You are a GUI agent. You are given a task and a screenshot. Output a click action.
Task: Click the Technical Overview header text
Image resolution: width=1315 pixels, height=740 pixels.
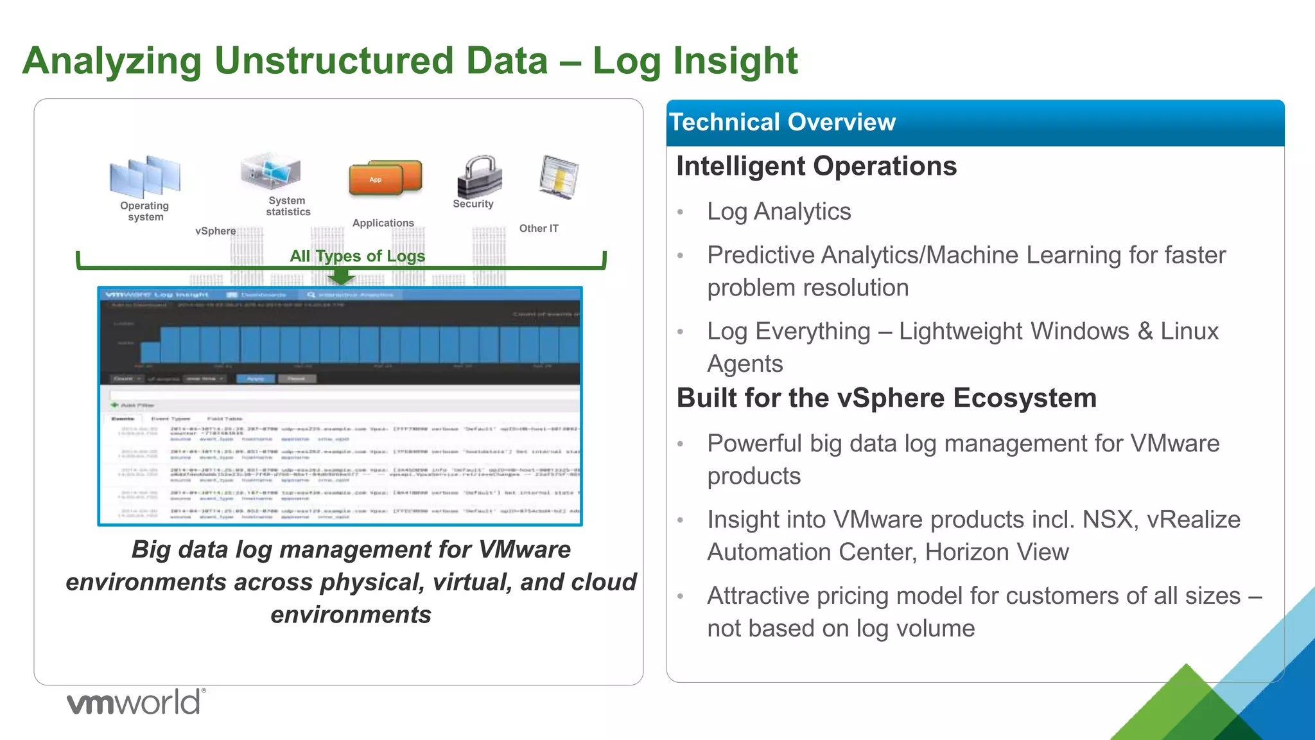[x=782, y=122]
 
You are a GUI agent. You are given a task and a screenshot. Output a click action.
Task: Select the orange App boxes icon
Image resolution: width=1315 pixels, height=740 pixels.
[x=385, y=177]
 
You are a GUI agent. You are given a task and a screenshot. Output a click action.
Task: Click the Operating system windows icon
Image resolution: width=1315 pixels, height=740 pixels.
[x=145, y=176]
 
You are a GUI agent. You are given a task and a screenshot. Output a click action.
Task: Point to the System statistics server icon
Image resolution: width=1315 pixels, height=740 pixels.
[x=271, y=171]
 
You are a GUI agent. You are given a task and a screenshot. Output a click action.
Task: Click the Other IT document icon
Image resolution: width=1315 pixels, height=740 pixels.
[x=559, y=177]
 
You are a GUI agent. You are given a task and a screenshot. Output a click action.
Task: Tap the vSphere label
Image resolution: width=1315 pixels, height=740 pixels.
[x=215, y=231]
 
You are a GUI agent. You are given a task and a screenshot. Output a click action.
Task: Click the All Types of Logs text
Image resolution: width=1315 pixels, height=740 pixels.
[x=357, y=256]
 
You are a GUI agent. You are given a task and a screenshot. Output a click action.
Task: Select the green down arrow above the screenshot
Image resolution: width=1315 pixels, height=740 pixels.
[x=341, y=277]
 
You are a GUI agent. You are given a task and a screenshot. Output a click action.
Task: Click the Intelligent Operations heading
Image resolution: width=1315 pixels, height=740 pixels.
[x=816, y=166]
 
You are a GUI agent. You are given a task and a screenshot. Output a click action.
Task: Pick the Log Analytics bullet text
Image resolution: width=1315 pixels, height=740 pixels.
[x=779, y=211]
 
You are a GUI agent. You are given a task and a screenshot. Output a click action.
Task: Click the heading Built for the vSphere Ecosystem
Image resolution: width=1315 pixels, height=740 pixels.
[x=886, y=398]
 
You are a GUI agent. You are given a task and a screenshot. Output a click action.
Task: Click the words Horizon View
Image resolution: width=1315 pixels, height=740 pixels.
[x=997, y=552]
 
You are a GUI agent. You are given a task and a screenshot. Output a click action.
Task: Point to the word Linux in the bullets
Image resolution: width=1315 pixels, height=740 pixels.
[x=1189, y=331]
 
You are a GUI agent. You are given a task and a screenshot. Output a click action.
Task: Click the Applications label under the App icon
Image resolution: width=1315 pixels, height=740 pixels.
[x=383, y=223]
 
